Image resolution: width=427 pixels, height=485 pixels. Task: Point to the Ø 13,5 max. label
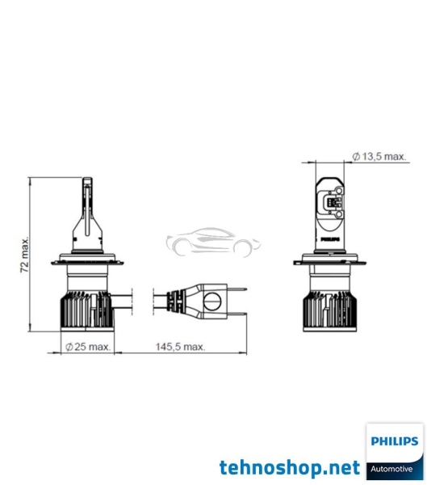[379, 156]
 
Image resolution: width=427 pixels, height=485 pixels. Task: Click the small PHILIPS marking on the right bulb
[333, 239]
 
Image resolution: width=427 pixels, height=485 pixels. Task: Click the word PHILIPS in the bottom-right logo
[393, 442]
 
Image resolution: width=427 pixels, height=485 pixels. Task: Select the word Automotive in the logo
[393, 469]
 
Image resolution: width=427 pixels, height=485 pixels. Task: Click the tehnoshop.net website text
[288, 467]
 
